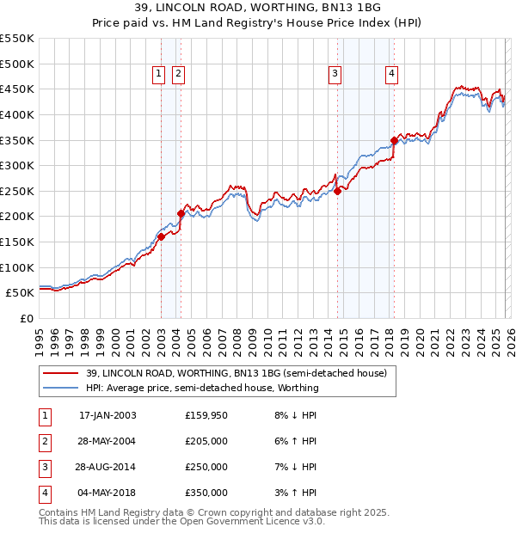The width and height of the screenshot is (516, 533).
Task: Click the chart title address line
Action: (x=257, y=8)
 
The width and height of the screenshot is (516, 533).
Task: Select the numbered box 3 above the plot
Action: (x=334, y=75)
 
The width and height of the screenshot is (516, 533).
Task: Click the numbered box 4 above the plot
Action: (x=391, y=75)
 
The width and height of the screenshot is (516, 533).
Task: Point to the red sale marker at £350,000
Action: (x=394, y=140)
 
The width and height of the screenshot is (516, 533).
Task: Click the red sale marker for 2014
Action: (x=338, y=191)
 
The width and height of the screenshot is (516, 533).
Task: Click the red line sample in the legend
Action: (x=60, y=373)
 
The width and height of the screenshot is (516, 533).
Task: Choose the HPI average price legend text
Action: (x=203, y=388)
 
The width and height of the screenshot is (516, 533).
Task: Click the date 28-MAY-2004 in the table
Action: (x=107, y=441)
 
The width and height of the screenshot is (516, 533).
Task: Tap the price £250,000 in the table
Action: (x=206, y=467)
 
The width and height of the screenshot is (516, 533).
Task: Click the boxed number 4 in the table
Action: (x=44, y=493)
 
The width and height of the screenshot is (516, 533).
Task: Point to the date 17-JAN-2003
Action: (x=107, y=415)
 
